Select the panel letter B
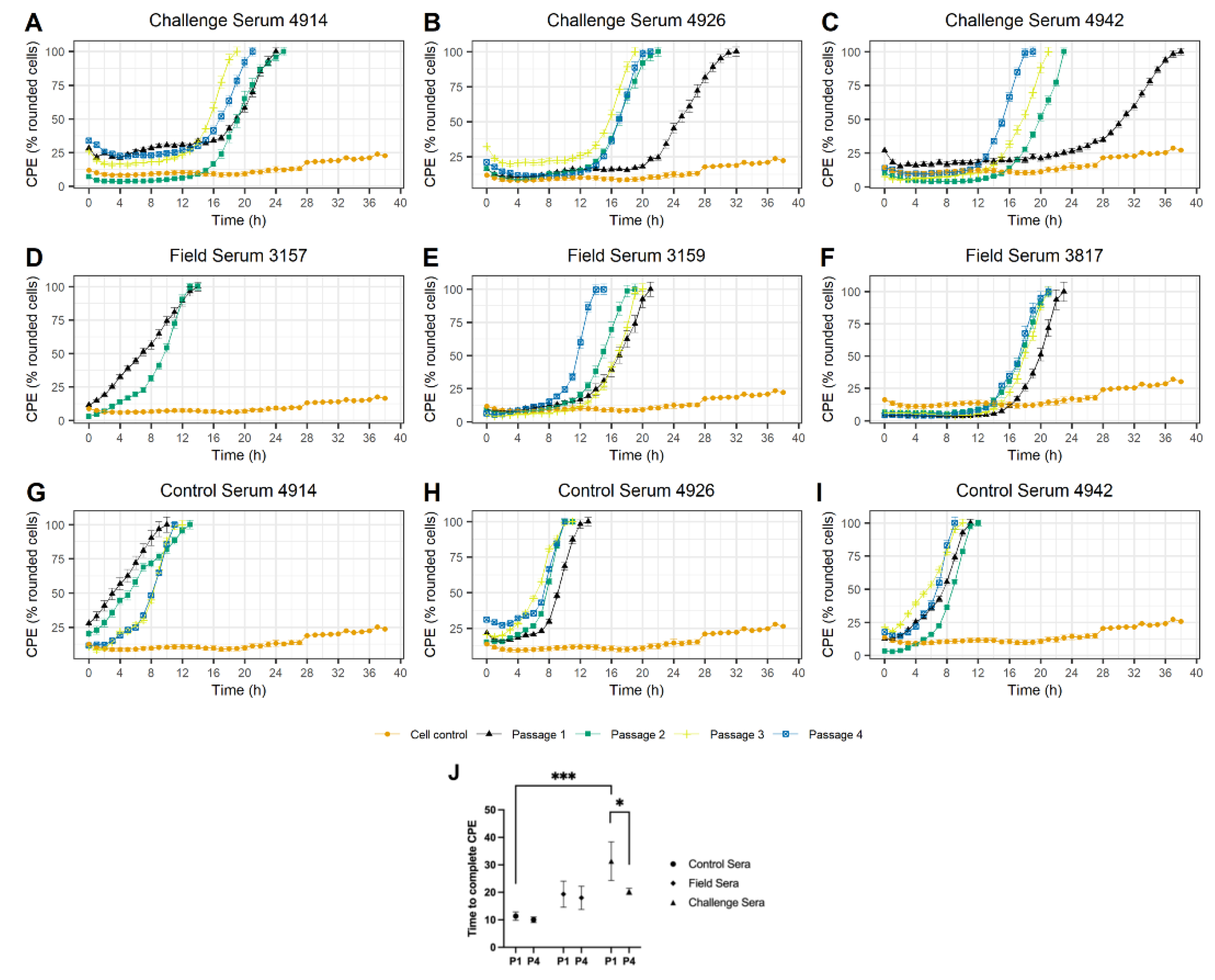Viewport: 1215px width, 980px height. point(432,23)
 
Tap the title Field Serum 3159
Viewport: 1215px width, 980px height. point(636,256)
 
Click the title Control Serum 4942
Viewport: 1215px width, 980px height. point(1034,490)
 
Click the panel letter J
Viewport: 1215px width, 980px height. point(454,772)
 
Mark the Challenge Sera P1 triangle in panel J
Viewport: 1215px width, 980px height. point(611,862)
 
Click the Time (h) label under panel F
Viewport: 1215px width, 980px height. point(1034,455)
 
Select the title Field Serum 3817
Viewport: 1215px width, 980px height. point(1034,256)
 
